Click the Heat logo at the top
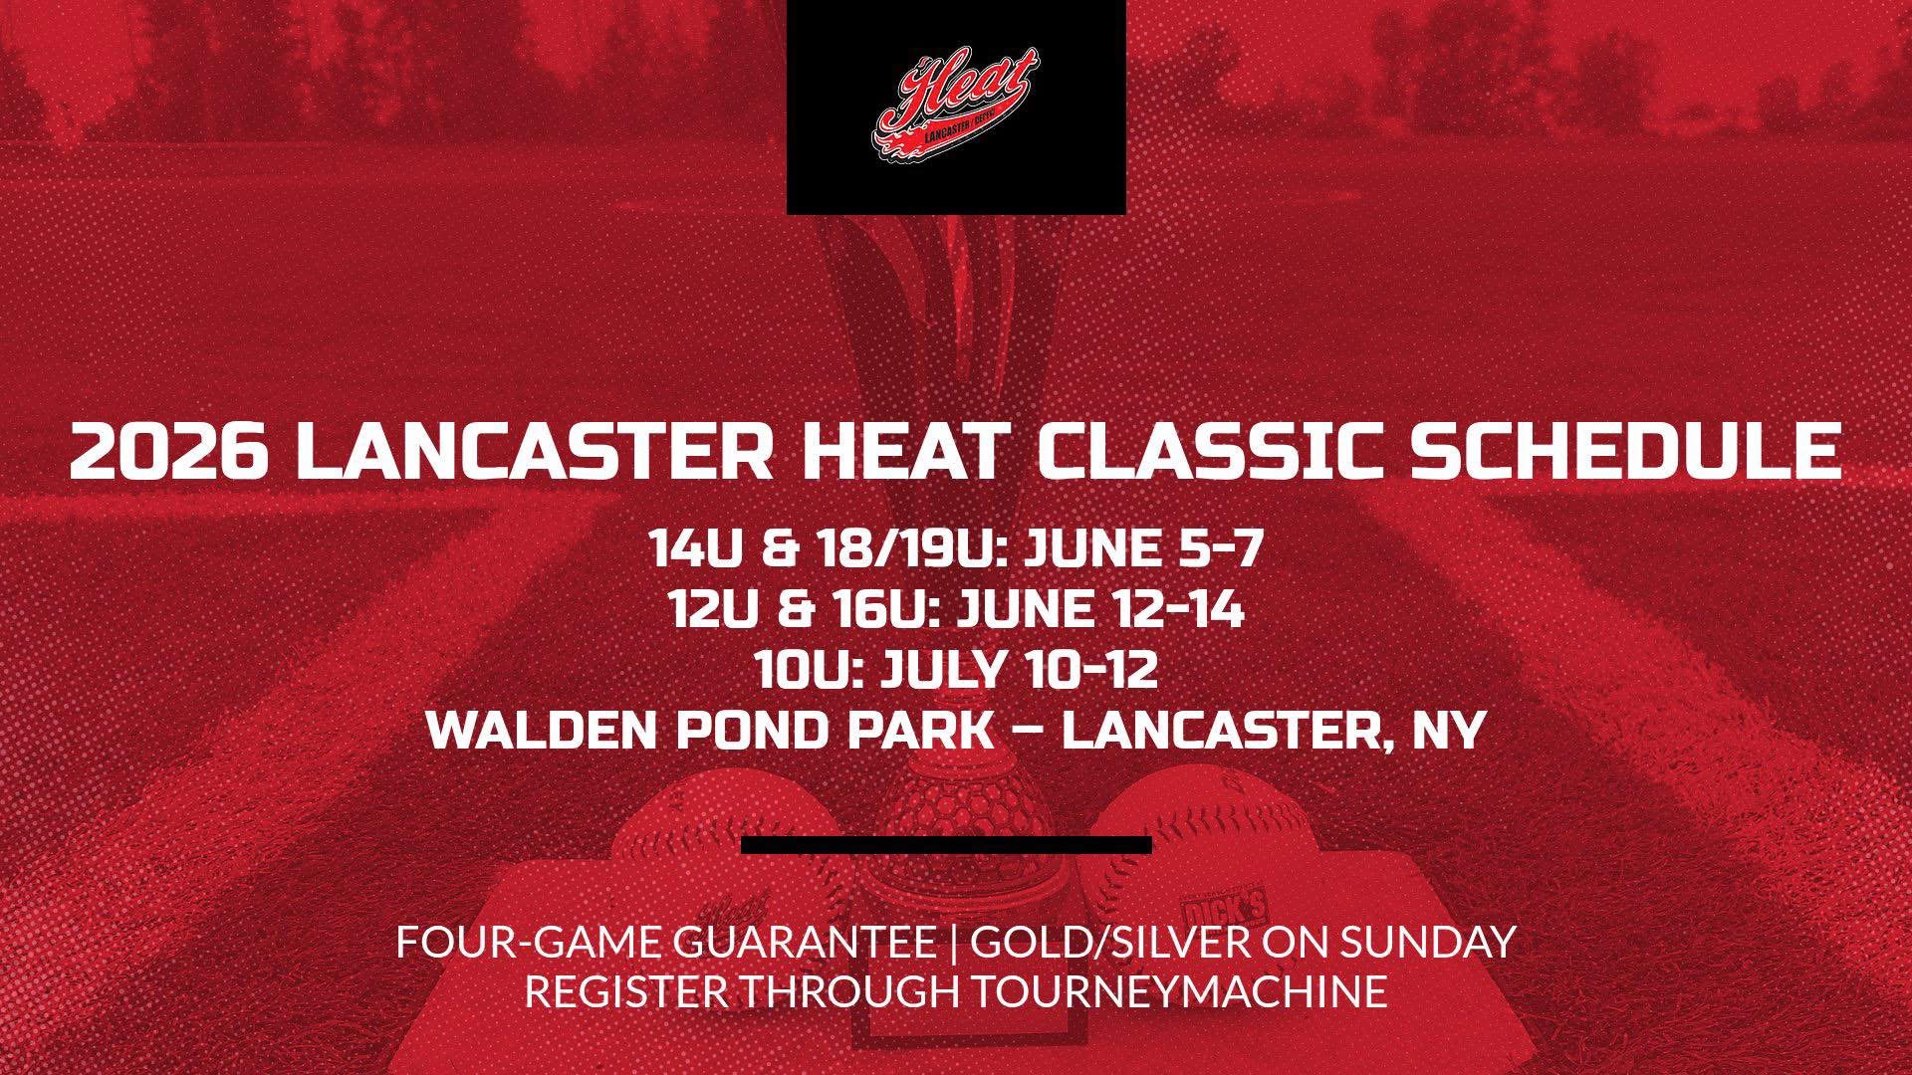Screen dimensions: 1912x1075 pos(956,106)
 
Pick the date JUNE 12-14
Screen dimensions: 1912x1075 pos(1100,610)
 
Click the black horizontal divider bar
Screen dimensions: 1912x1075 pos(946,845)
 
